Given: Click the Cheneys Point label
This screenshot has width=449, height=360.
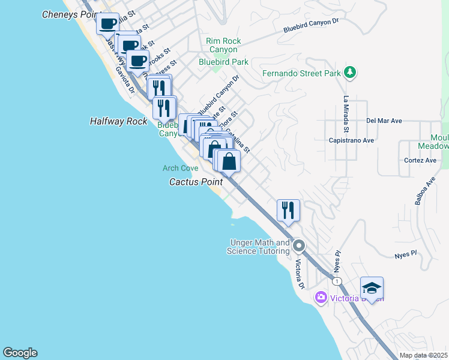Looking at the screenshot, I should (x=67, y=14).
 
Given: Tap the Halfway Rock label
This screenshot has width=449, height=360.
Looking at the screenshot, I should (x=118, y=121).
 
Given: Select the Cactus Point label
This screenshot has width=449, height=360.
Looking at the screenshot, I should (x=196, y=181).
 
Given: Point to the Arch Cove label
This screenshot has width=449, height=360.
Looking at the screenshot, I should (x=180, y=169).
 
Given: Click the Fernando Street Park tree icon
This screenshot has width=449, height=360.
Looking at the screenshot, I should (x=350, y=73).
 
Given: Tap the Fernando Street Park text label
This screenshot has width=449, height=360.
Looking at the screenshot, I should (x=301, y=74).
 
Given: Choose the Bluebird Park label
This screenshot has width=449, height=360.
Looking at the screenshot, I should (x=224, y=62).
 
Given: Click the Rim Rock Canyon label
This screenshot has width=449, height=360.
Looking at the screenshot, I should (x=223, y=45).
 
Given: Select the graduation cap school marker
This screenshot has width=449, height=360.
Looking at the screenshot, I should (x=372, y=289).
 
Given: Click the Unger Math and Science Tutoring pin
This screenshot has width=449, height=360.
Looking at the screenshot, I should (x=299, y=246).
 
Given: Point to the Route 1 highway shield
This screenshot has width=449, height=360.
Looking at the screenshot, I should (x=338, y=281).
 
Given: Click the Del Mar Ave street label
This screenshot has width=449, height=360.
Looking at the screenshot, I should (x=384, y=121).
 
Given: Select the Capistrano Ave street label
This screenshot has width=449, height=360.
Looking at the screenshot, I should (x=369, y=140).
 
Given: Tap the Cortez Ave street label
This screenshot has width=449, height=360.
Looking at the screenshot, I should (x=420, y=161).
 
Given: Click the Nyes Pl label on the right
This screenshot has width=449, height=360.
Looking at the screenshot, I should (x=405, y=255).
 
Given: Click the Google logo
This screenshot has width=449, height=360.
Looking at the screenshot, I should (x=20, y=353).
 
